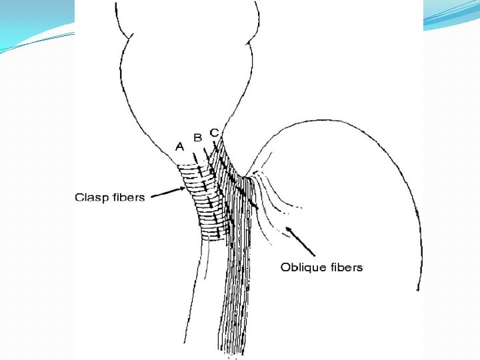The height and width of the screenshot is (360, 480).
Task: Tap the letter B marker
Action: [x=197, y=138]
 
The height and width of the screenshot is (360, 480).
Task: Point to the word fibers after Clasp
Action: [x=129, y=197]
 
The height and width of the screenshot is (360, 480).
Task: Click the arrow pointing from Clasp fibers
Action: [x=169, y=194]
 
